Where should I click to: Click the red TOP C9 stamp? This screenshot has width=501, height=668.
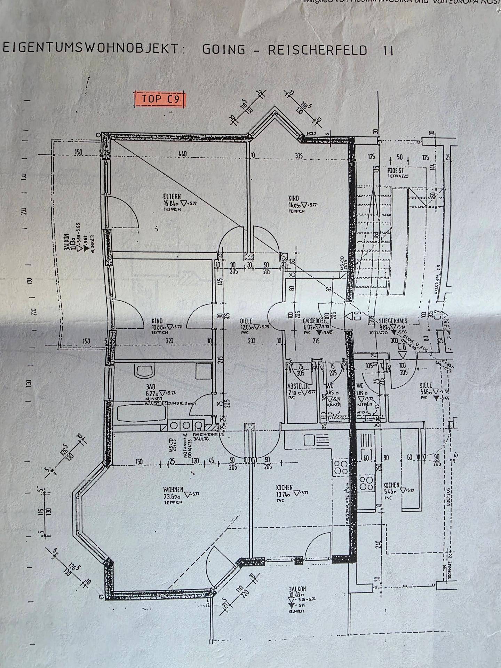tap(160, 99)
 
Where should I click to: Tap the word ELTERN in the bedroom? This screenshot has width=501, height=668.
tap(173, 197)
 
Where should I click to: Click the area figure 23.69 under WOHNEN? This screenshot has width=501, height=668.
tap(172, 496)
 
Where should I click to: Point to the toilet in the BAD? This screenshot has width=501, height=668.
tap(145, 371)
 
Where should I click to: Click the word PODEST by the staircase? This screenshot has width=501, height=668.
tap(396, 171)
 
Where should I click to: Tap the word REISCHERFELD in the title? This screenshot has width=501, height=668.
tap(317, 50)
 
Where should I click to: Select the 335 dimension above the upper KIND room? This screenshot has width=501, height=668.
tap(299, 156)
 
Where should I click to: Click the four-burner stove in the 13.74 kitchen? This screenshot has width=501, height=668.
tap(341, 467)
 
